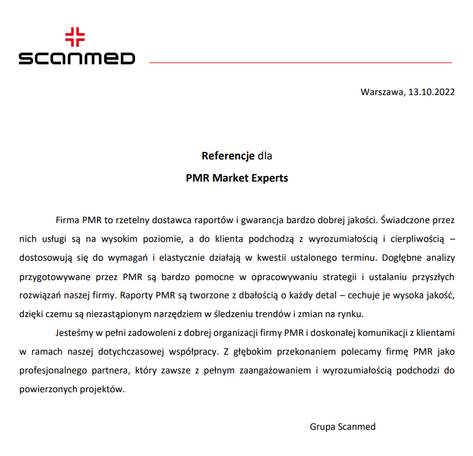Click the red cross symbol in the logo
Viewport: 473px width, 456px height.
(75, 38)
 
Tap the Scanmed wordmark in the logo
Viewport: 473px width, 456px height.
(77, 58)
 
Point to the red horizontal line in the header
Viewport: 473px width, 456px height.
(300, 62)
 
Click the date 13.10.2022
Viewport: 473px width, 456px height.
(431, 92)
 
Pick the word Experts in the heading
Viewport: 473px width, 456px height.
(270, 178)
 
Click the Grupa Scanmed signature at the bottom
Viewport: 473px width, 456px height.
(342, 426)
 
